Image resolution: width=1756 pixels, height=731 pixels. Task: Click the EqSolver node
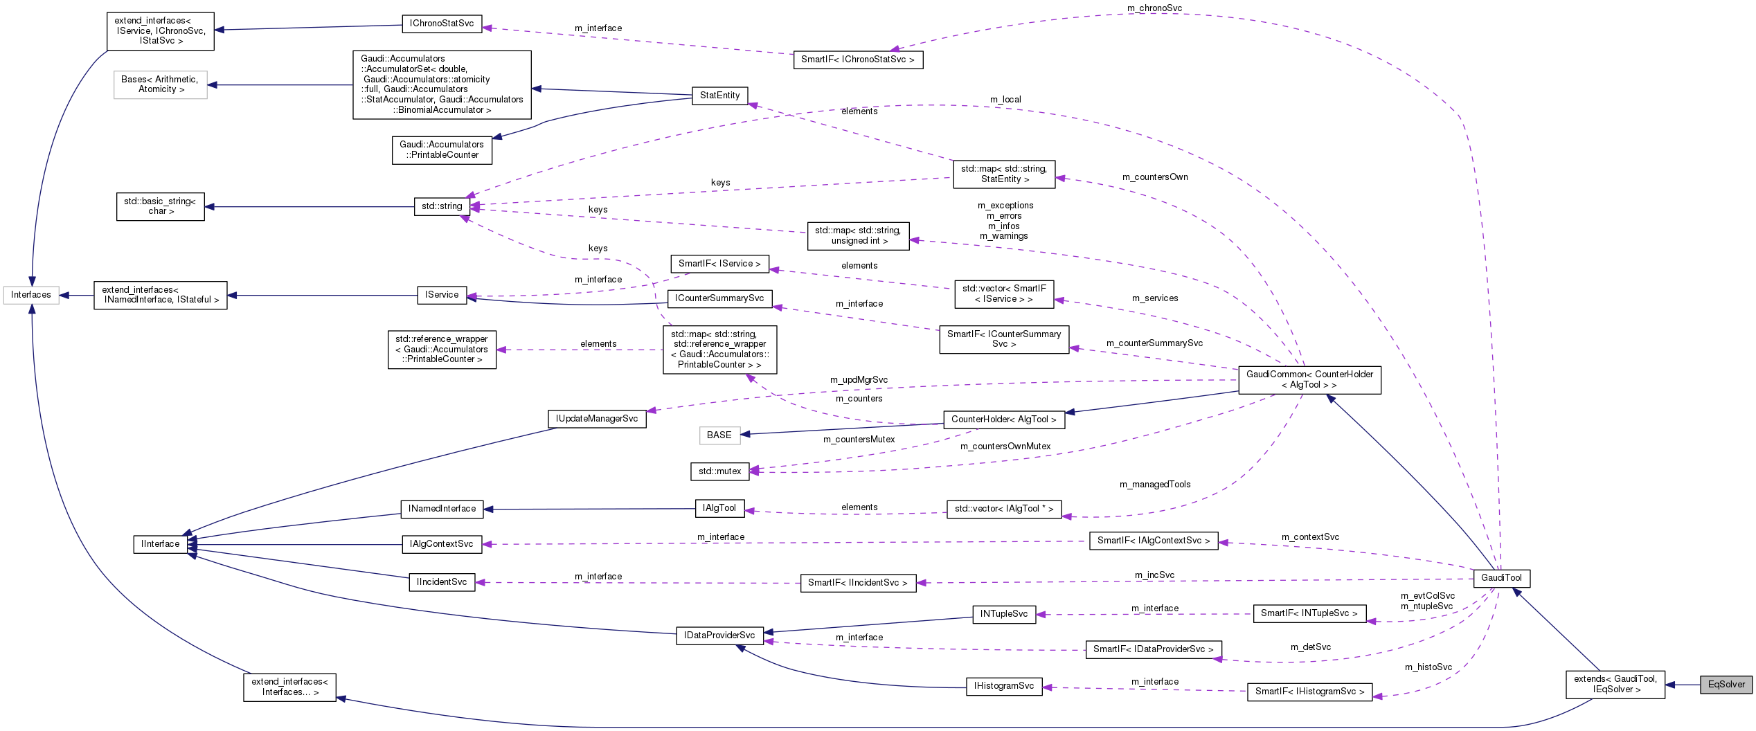click(1726, 685)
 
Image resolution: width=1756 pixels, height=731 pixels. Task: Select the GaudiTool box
click(1501, 578)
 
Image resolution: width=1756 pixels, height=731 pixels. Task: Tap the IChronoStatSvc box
click(442, 24)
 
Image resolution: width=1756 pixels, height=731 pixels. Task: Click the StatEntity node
click(719, 96)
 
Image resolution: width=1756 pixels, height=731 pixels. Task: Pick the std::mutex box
click(719, 471)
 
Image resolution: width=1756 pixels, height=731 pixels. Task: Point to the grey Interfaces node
click(31, 295)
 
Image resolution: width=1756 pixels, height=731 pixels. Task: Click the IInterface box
click(160, 544)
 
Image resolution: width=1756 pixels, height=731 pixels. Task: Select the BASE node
click(719, 435)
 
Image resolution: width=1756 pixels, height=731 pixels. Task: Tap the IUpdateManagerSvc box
click(596, 419)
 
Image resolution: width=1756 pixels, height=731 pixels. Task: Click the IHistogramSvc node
click(1003, 686)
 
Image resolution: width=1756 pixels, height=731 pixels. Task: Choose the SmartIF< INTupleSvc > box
click(1309, 613)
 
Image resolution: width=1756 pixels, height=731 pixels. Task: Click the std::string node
click(442, 206)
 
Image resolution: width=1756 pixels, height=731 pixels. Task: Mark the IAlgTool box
click(719, 508)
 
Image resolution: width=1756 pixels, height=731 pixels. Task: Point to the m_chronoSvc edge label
click(1154, 8)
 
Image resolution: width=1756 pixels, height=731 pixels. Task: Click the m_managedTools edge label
click(1155, 485)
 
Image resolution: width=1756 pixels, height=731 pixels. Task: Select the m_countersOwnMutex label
click(1005, 446)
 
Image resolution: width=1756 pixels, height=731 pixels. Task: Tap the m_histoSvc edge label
click(1428, 667)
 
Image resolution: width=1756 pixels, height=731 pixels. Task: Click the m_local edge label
click(1005, 100)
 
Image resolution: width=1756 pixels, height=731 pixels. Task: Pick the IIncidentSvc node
click(442, 582)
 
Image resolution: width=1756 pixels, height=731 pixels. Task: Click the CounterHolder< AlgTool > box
click(1003, 419)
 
